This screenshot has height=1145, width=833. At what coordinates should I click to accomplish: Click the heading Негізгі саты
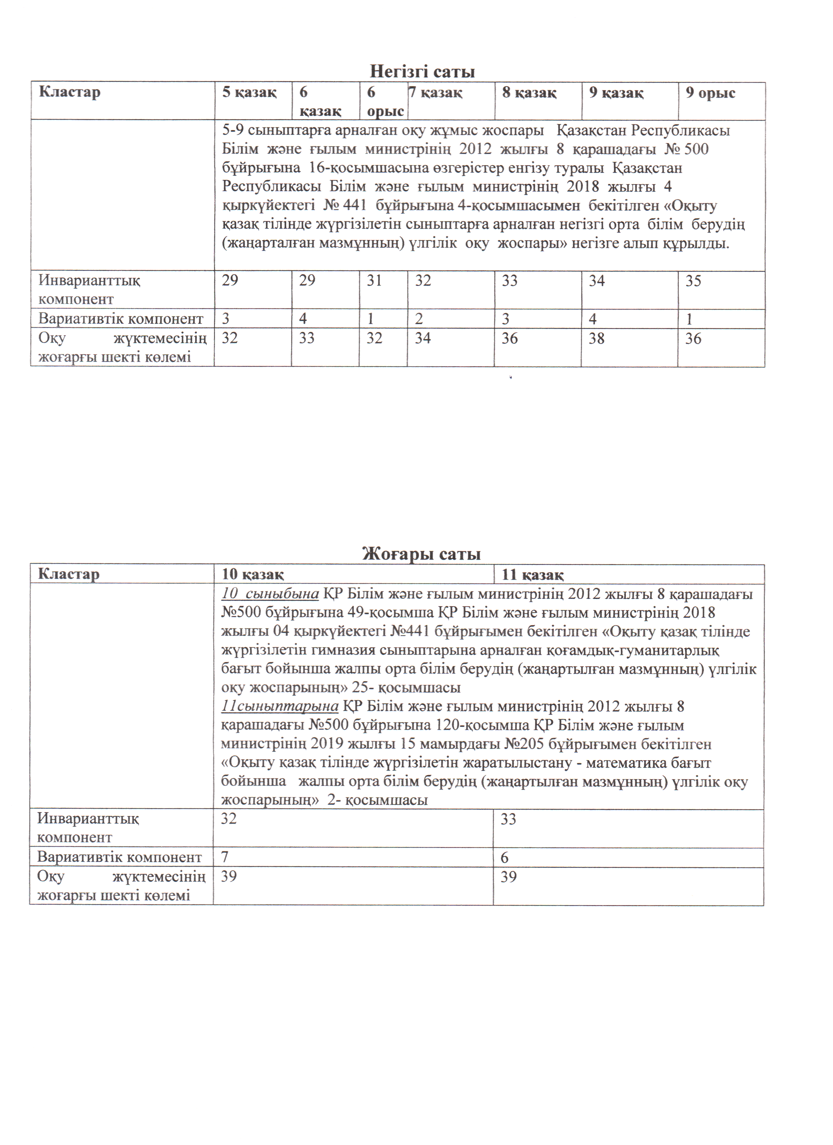point(422,71)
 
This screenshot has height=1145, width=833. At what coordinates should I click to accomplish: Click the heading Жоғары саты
point(421,554)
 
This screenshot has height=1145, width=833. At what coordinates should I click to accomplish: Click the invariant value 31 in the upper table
point(374,281)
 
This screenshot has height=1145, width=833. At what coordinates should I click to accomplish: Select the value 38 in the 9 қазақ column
point(596,338)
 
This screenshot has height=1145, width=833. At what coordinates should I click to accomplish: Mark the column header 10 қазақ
point(253,574)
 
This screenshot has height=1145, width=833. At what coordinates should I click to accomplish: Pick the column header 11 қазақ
point(532,574)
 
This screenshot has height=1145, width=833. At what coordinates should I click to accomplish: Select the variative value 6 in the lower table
point(505,857)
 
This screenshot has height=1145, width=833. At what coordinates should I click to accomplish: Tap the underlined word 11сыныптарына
point(279,706)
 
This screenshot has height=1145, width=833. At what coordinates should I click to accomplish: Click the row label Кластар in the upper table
point(70,92)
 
